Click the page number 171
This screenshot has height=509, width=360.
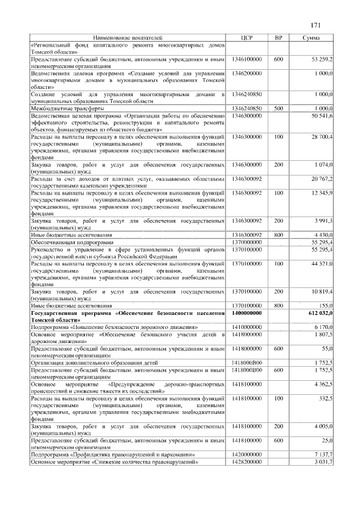point(315,25)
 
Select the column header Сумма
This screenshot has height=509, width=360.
point(311,37)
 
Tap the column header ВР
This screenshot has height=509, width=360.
point(278,37)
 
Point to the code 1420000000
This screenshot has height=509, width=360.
point(247,454)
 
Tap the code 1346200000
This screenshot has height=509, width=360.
point(247,73)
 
